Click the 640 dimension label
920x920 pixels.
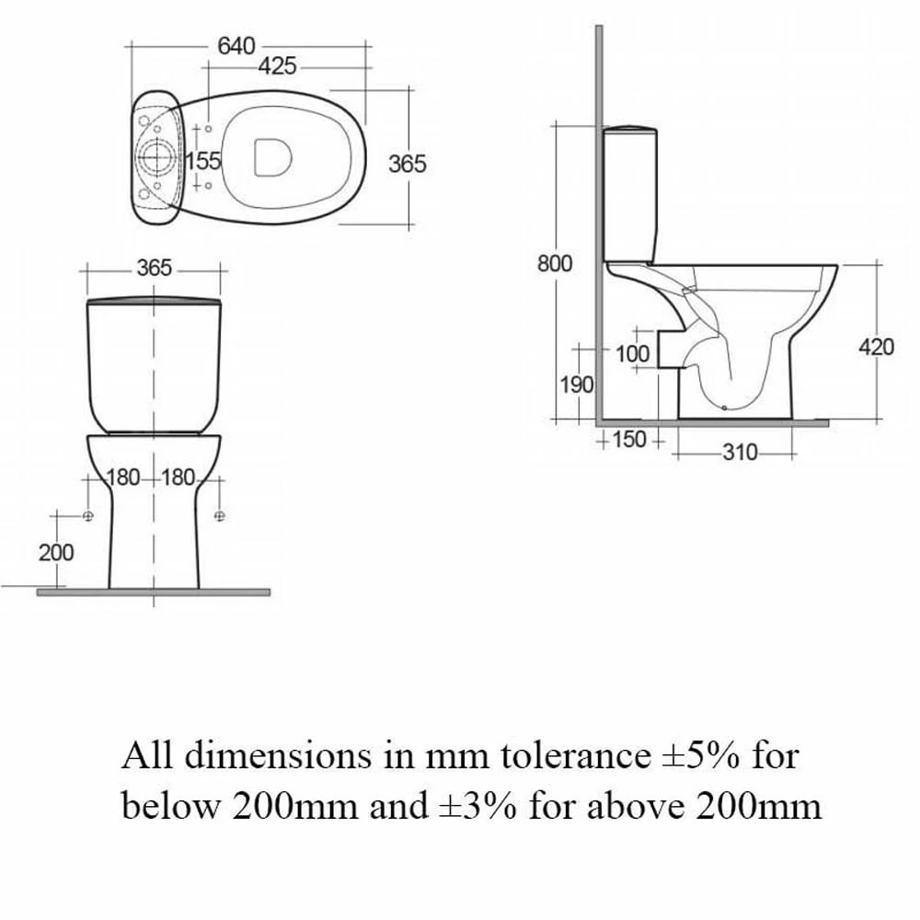click(x=236, y=46)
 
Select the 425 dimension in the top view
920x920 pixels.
click(x=278, y=66)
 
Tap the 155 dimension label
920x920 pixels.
click(x=203, y=160)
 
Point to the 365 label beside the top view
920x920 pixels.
click(x=408, y=164)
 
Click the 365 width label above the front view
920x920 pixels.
click(x=155, y=268)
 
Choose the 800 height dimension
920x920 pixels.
click(x=555, y=263)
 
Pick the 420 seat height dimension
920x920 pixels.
click(x=877, y=348)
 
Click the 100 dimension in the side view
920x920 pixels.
click(x=633, y=354)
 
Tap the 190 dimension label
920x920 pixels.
click(x=578, y=385)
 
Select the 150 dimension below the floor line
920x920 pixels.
click(x=629, y=439)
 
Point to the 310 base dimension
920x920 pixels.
click(x=740, y=453)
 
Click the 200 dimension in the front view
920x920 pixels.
click(x=56, y=552)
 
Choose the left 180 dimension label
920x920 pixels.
click(x=123, y=477)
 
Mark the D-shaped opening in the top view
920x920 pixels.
click(x=273, y=156)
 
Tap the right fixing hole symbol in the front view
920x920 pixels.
click(x=220, y=516)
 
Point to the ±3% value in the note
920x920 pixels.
click(x=477, y=806)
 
